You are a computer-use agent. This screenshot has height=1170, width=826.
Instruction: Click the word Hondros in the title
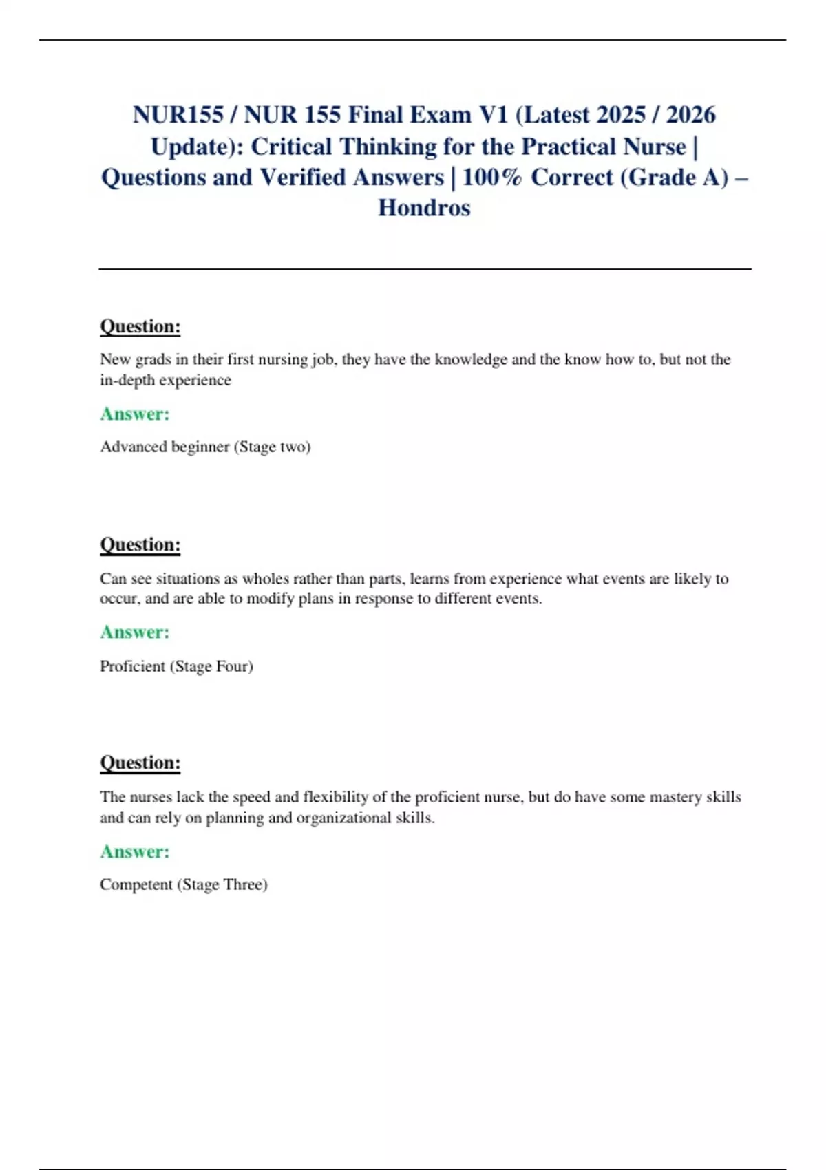coord(424,208)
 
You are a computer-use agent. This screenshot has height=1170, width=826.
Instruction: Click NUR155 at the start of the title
coord(178,115)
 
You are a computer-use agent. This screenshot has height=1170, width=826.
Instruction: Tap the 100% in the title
coord(492,178)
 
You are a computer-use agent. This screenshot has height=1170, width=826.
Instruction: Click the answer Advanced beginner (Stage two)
coord(205,447)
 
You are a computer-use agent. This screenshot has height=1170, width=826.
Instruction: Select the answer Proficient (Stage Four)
coord(176,666)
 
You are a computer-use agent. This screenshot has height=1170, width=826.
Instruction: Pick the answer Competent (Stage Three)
coord(183,884)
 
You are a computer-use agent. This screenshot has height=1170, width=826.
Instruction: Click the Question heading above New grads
coord(140,326)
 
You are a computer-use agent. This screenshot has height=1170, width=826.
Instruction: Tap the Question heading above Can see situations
coord(140,544)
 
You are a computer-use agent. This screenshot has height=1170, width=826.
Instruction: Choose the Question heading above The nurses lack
coord(140,763)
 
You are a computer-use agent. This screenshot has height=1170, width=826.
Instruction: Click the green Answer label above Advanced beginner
coord(135,414)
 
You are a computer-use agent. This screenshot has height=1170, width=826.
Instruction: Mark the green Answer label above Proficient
coord(135,632)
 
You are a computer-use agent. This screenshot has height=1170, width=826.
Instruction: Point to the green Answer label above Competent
coord(135,851)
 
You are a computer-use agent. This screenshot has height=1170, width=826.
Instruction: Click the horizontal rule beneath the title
coord(425,269)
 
